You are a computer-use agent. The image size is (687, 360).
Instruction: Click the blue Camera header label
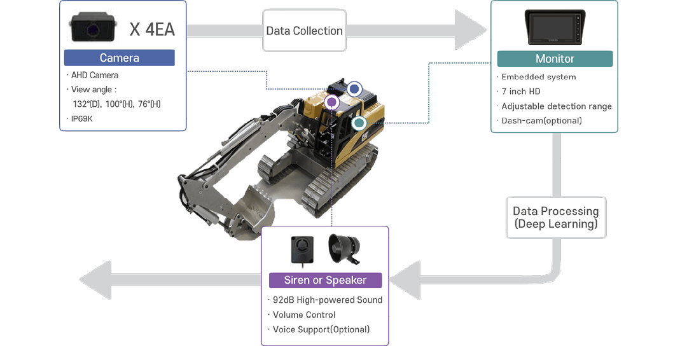[x=119, y=58]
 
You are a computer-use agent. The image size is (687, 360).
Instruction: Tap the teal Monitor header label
[x=555, y=59]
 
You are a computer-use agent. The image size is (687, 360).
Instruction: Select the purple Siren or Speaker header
[x=325, y=280]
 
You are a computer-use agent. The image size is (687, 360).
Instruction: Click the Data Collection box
[x=304, y=31]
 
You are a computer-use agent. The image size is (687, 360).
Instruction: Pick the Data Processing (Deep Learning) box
[x=556, y=218]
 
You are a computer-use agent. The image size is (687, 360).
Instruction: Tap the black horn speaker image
[x=344, y=249]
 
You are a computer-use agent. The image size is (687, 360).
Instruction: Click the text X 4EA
[x=152, y=29]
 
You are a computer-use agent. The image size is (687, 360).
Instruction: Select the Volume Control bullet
[x=303, y=315]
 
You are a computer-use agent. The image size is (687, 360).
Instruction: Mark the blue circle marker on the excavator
[x=354, y=89]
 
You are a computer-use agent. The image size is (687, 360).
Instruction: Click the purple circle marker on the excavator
[x=331, y=102]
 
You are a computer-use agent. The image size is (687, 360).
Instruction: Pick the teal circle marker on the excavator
[x=359, y=122]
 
